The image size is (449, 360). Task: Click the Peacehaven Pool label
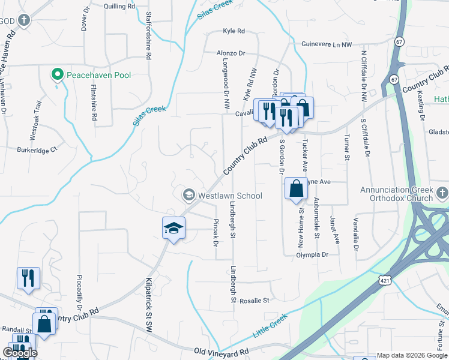coord(98,75)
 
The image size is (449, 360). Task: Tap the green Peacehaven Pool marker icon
coord(58,75)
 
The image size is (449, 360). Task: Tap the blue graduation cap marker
coord(173,228)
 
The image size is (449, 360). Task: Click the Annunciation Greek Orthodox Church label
coord(396,194)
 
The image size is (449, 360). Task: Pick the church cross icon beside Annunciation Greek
coord(442,193)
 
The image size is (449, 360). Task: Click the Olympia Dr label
coord(312,255)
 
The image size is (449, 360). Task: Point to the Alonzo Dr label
coord(231,53)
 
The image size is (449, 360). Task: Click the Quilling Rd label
coord(119,6)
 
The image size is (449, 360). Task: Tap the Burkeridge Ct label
coord(37,149)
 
